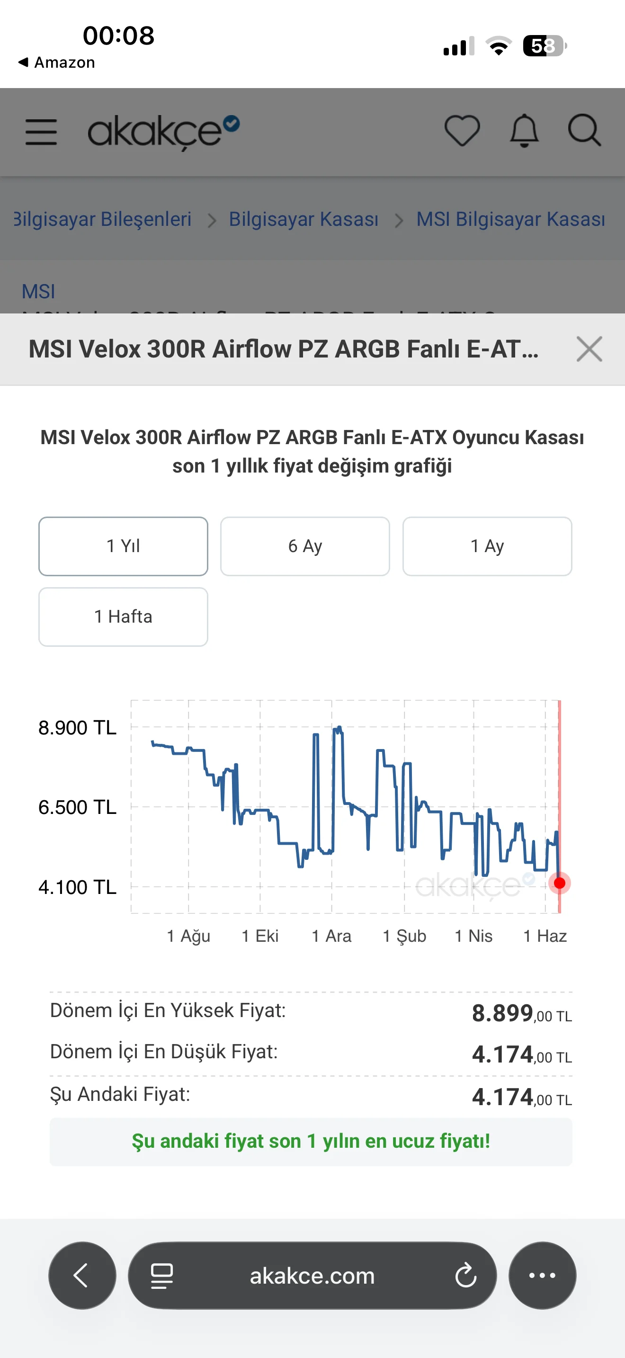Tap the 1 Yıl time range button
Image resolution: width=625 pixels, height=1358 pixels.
123,546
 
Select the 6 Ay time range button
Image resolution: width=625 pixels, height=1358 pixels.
305,546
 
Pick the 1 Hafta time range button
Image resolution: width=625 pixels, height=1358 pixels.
123,617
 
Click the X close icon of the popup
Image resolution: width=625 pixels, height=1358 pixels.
589,349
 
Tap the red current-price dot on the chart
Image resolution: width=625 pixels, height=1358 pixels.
560,883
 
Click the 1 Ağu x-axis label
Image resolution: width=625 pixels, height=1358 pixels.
188,936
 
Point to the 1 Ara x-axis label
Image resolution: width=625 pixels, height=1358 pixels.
331,936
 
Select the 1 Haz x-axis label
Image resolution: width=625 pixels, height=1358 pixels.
545,936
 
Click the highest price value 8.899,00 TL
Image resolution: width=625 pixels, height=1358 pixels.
522,1013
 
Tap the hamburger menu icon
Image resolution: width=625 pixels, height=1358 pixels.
41,132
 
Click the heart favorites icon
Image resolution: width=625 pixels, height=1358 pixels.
462,130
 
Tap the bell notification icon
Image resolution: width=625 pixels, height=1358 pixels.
524,130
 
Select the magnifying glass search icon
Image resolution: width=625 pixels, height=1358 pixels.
584,130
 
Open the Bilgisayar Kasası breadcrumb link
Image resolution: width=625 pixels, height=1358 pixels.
304,219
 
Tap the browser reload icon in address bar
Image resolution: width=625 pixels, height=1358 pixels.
466,1276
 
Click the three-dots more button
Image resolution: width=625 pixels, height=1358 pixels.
542,1276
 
